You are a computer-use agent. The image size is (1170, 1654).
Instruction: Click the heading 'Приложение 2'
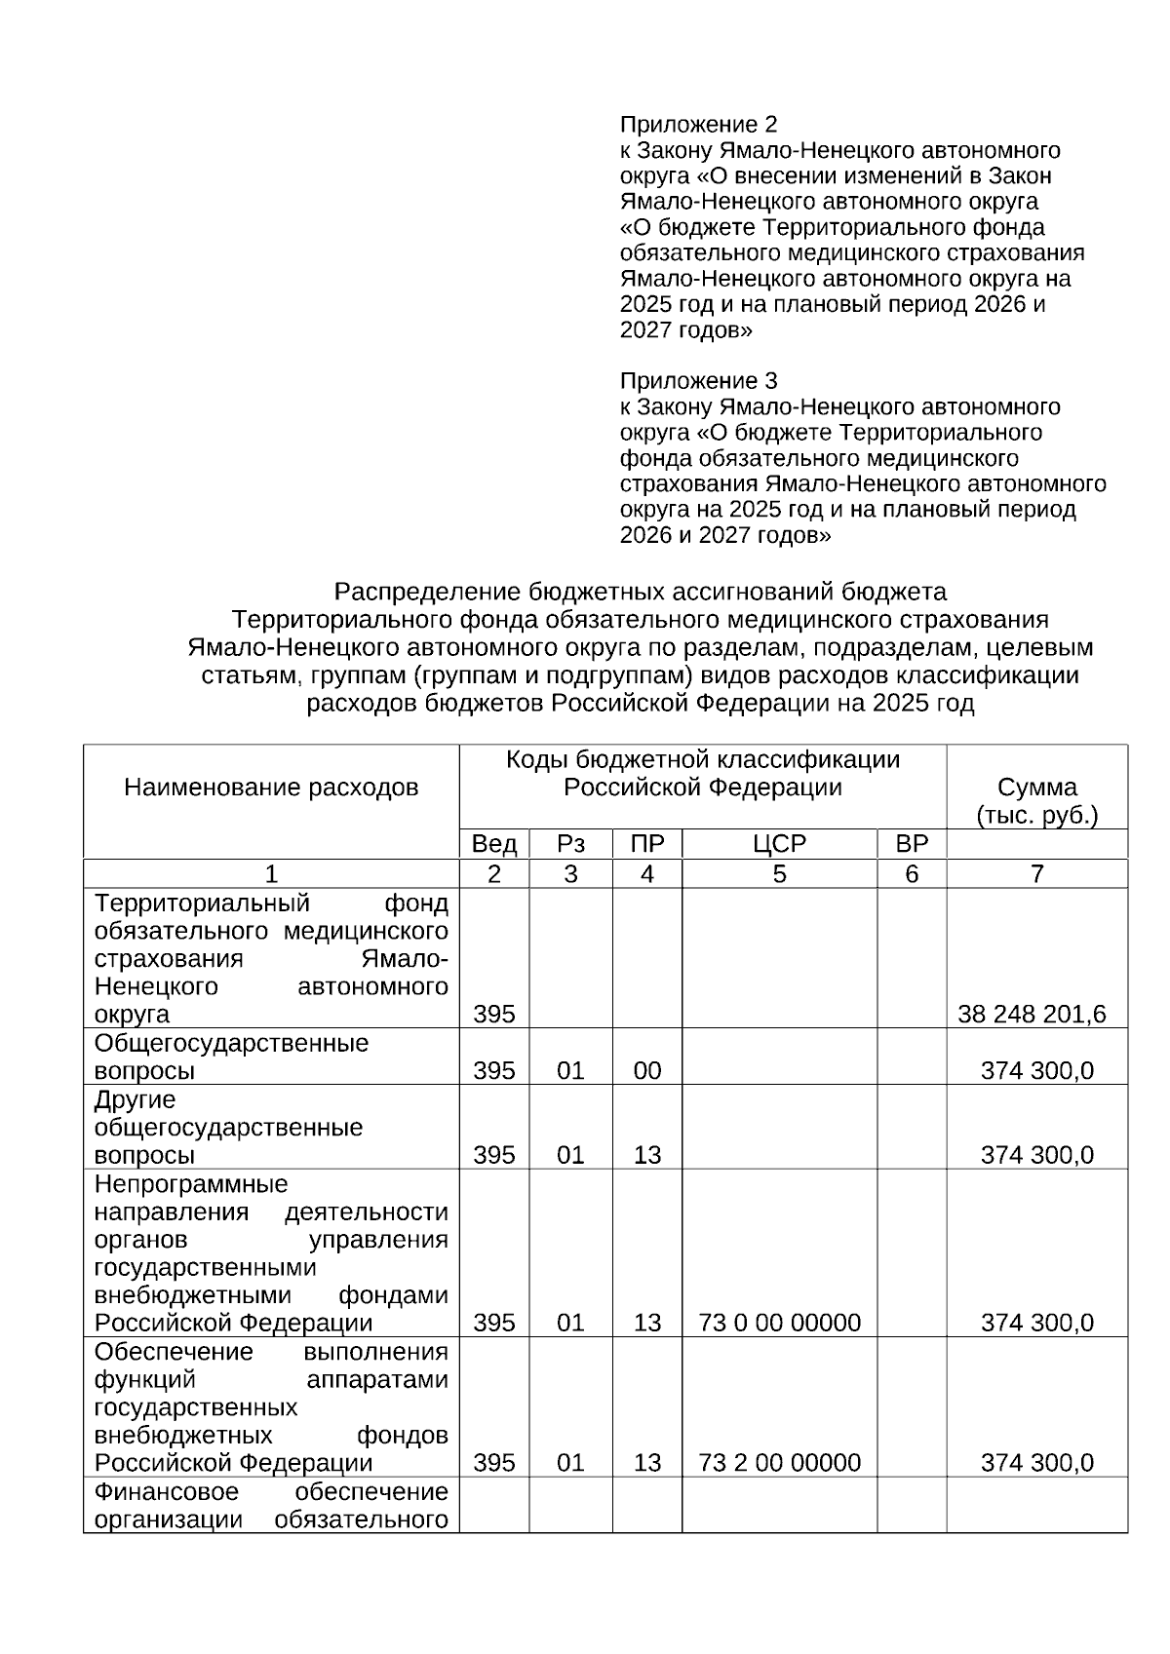point(698,125)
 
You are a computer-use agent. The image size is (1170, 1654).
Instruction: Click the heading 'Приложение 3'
point(698,380)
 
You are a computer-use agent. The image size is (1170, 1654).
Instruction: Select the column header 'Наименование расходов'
point(271,788)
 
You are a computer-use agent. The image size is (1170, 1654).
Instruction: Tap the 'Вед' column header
point(493,844)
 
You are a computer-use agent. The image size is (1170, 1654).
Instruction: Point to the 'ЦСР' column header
point(779,844)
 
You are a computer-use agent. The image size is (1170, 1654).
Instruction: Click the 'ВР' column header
point(911,844)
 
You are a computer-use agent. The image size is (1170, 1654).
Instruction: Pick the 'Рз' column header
point(570,844)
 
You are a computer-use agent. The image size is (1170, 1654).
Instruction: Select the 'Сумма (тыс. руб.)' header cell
point(1036,801)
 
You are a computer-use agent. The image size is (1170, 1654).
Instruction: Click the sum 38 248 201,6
point(1032,1015)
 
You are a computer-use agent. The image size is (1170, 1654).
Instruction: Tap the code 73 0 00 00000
point(779,1323)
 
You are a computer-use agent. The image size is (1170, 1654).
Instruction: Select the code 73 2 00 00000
point(779,1463)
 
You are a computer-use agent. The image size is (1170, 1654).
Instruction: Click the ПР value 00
point(646,1071)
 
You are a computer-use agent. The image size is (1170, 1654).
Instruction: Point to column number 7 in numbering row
point(1036,874)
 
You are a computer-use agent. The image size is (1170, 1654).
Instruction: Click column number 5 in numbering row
point(779,874)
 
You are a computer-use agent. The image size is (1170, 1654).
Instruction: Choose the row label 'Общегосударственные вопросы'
point(231,1057)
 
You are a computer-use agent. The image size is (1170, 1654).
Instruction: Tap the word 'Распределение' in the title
point(426,592)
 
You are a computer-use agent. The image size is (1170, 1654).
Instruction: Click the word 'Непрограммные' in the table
point(191,1184)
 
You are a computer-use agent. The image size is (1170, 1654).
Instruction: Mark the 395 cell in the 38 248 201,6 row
point(493,1015)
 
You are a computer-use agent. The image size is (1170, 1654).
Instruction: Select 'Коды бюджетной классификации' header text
point(702,760)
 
